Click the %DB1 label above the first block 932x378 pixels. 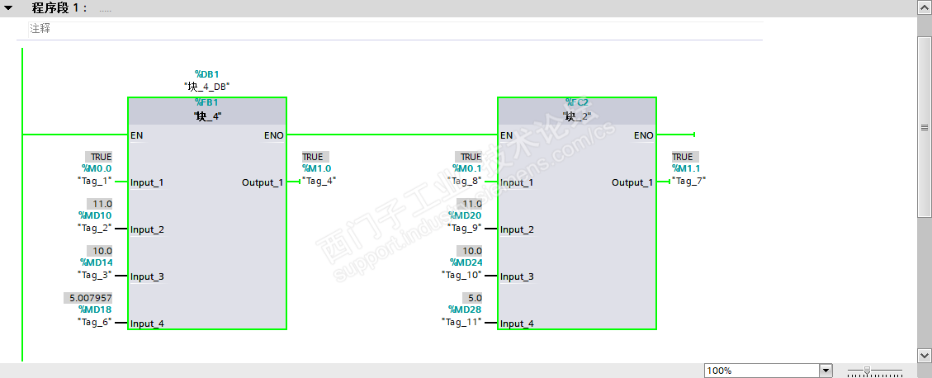206,73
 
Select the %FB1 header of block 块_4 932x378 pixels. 206,102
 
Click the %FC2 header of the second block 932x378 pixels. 577,102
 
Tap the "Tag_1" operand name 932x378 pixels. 94,180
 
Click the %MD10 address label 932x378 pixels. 95,215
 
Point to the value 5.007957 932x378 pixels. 88,297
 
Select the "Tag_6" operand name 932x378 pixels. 95,322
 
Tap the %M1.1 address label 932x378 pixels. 686,168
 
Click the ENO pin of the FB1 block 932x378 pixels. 273,135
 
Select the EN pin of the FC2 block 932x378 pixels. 507,135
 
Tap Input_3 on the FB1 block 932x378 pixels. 147,276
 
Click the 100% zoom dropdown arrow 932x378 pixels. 826,371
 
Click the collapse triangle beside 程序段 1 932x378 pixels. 9,7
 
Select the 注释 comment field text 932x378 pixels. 40,28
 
